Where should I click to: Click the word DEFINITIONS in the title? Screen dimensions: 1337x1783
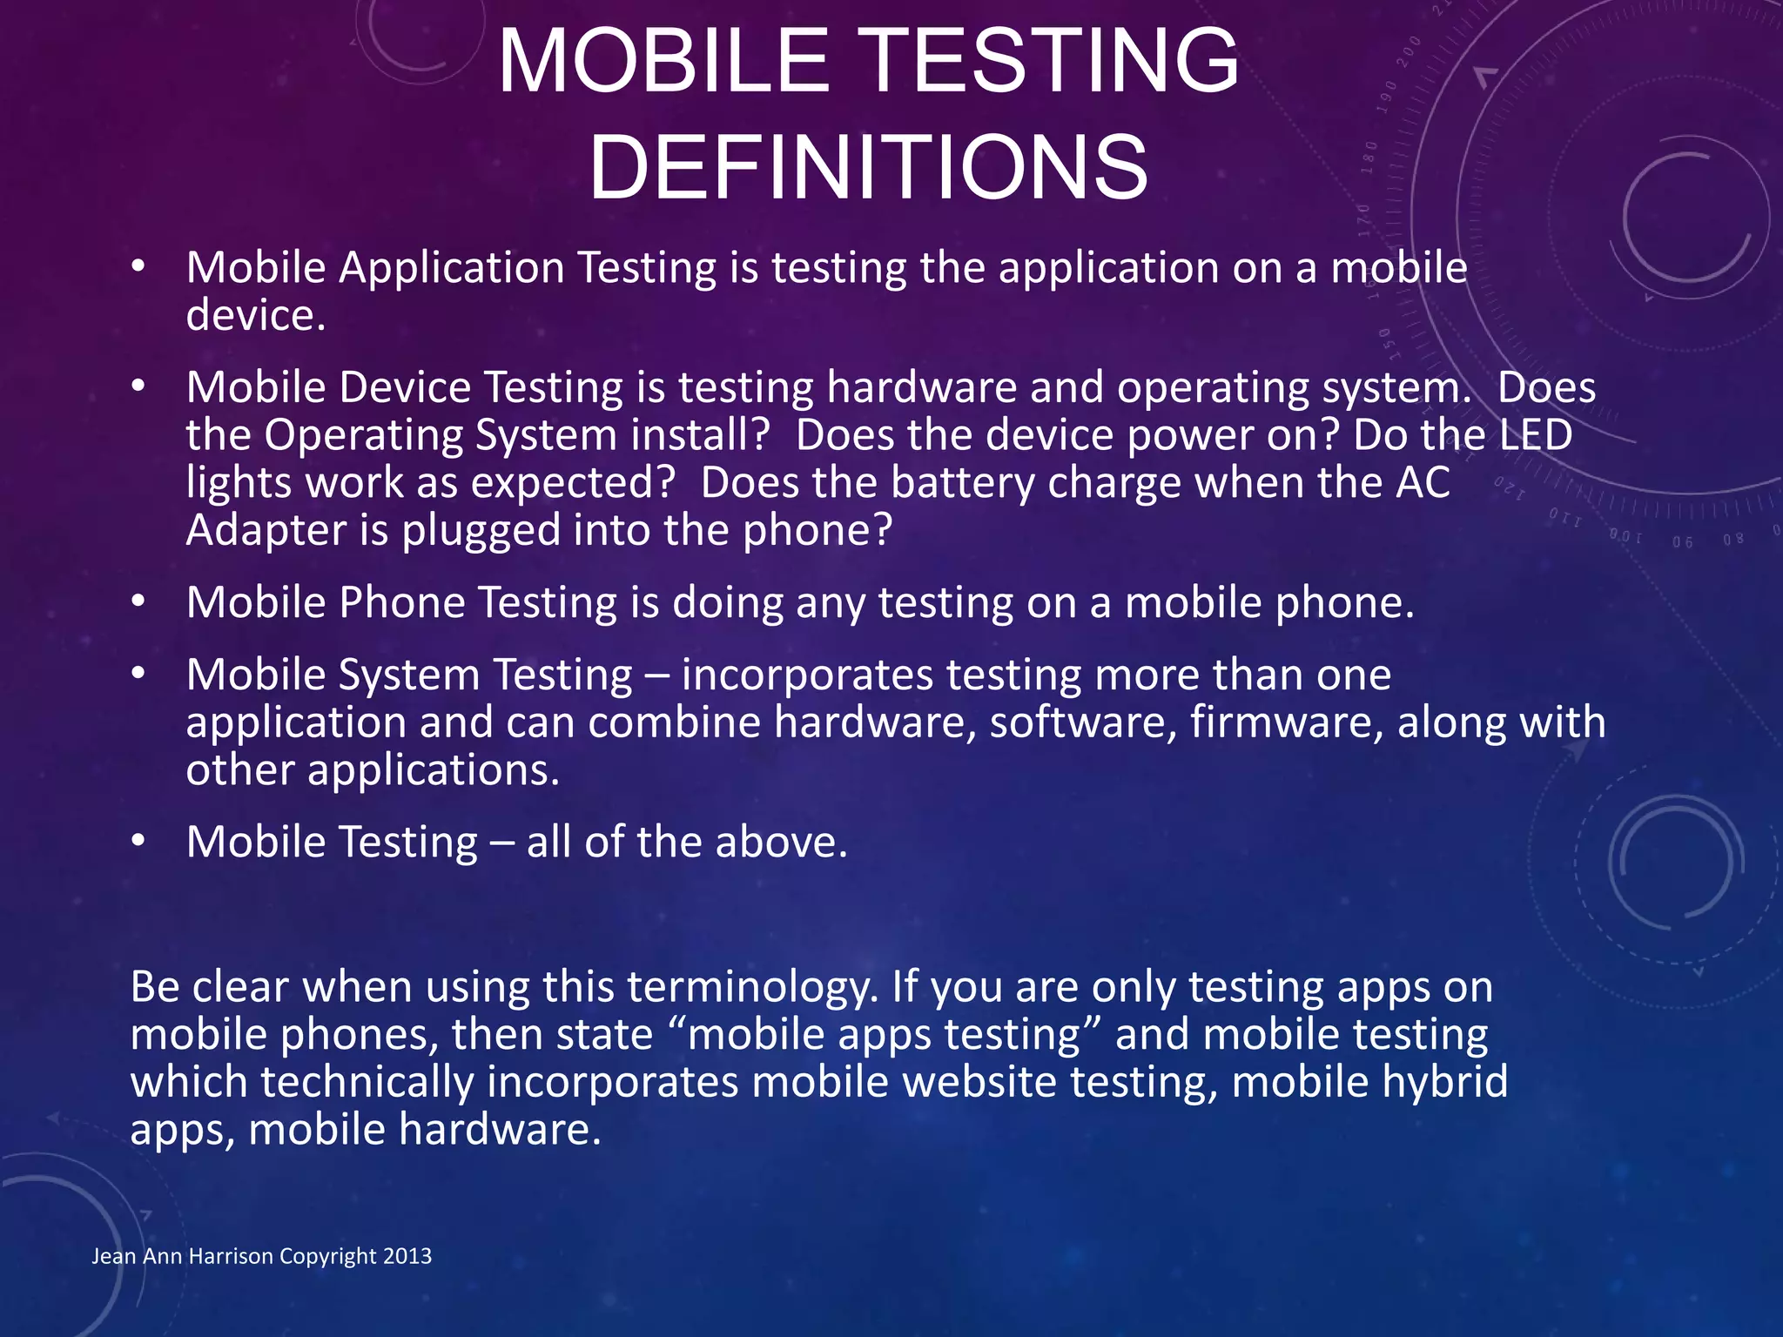(869, 167)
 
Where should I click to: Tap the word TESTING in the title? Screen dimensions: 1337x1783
(1053, 61)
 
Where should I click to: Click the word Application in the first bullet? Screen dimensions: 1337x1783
(452, 267)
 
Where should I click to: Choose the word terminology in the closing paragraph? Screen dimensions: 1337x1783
(751, 987)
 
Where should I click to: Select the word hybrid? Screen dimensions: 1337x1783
(1444, 1082)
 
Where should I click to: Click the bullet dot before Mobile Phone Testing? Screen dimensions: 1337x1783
(138, 602)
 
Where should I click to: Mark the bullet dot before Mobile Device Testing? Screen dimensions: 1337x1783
(138, 387)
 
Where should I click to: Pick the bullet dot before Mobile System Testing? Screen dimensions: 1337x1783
(138, 675)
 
